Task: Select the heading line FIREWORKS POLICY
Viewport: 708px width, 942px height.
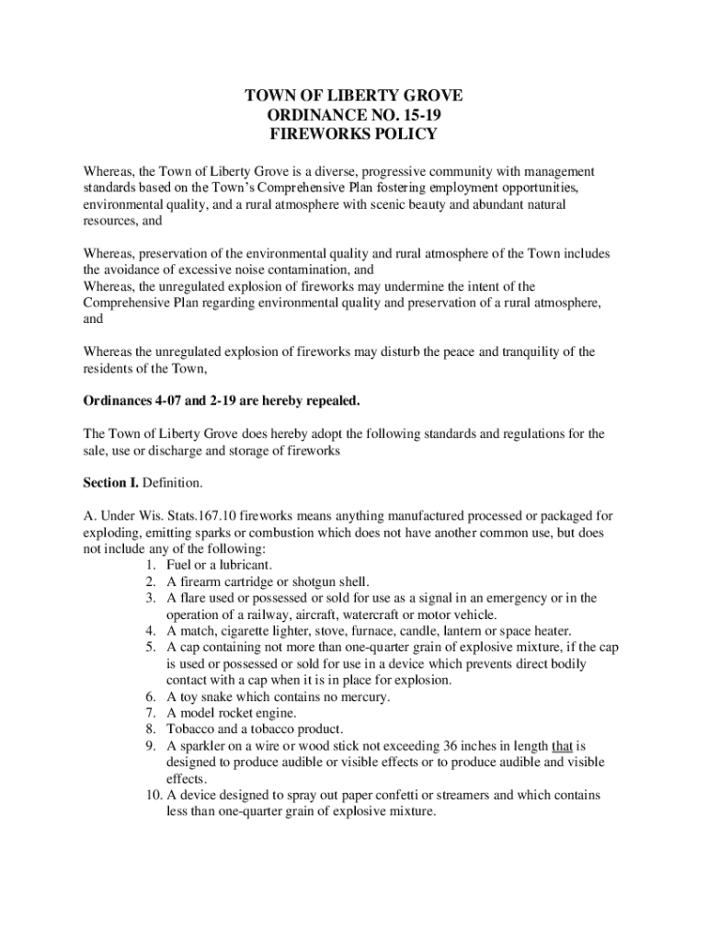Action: [x=353, y=134]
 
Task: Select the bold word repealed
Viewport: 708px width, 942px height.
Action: [x=331, y=401]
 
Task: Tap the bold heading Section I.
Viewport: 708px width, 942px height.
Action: [x=113, y=482]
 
